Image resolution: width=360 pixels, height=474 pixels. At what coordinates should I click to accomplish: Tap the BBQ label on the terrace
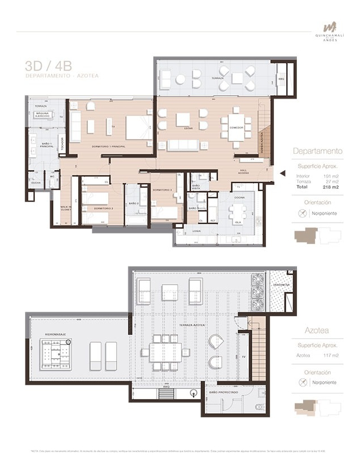tap(282, 78)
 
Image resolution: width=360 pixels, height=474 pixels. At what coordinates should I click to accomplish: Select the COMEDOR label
tap(236, 128)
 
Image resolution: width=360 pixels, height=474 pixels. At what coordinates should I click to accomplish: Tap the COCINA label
tap(239, 197)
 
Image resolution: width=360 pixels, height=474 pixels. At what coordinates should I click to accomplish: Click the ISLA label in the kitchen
tap(237, 222)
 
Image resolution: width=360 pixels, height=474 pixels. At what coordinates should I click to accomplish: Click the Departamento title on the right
tap(318, 151)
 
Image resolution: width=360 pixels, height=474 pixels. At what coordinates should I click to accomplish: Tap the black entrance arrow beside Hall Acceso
tap(282, 173)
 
